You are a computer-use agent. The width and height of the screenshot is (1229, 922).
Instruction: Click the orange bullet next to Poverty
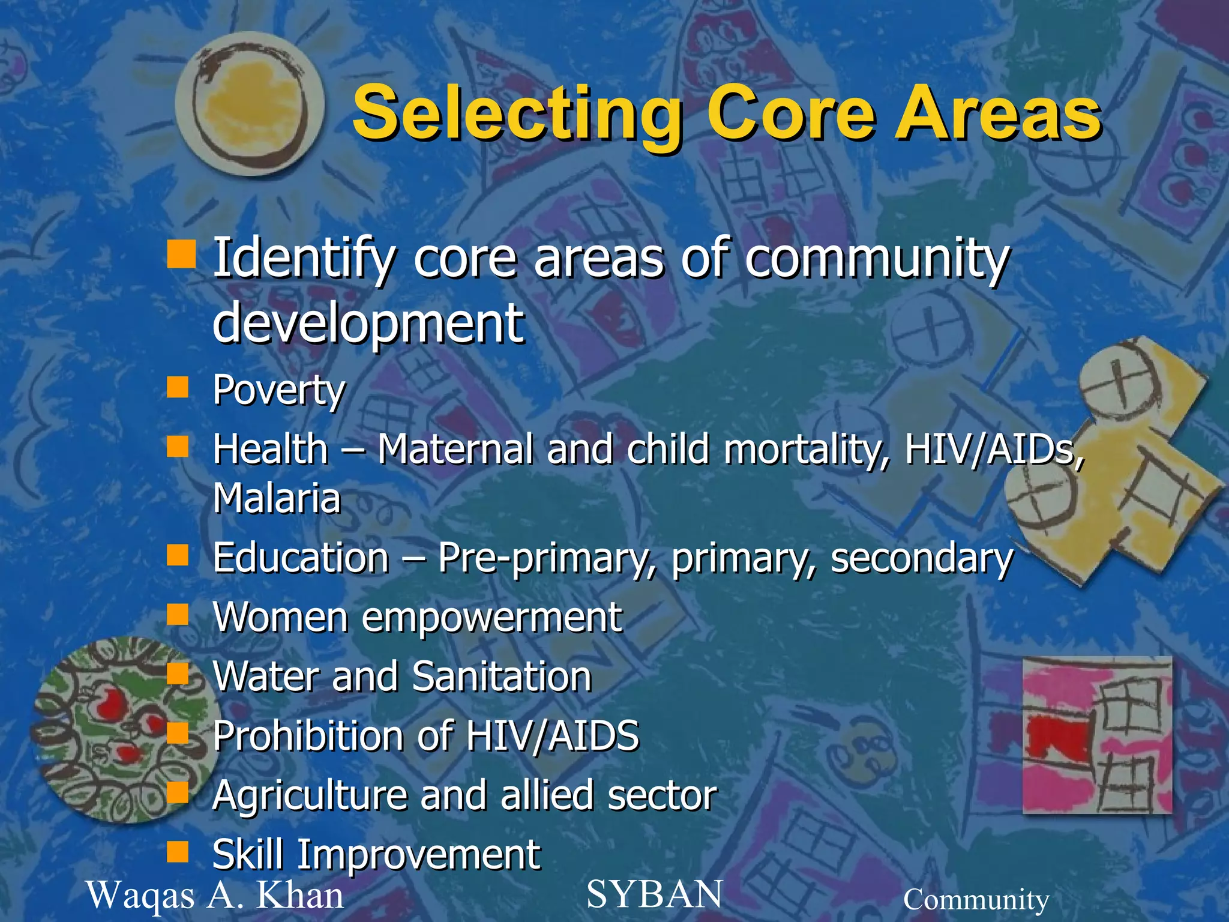pyautogui.click(x=178, y=387)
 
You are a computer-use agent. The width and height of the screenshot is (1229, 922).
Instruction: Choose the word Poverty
pyautogui.click(x=279, y=391)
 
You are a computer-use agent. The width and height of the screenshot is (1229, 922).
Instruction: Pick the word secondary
pyautogui.click(x=922, y=558)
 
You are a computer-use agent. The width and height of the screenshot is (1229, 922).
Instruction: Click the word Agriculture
pyautogui.click(x=309, y=795)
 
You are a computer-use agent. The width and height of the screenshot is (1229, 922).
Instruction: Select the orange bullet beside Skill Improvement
pyautogui.click(x=178, y=851)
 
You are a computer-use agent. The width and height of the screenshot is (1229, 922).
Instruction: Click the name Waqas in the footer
pyautogui.click(x=141, y=896)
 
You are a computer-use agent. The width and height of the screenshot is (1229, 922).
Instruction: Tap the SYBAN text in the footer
pyautogui.click(x=654, y=894)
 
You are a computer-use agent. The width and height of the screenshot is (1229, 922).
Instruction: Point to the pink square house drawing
pyautogui.click(x=1097, y=735)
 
